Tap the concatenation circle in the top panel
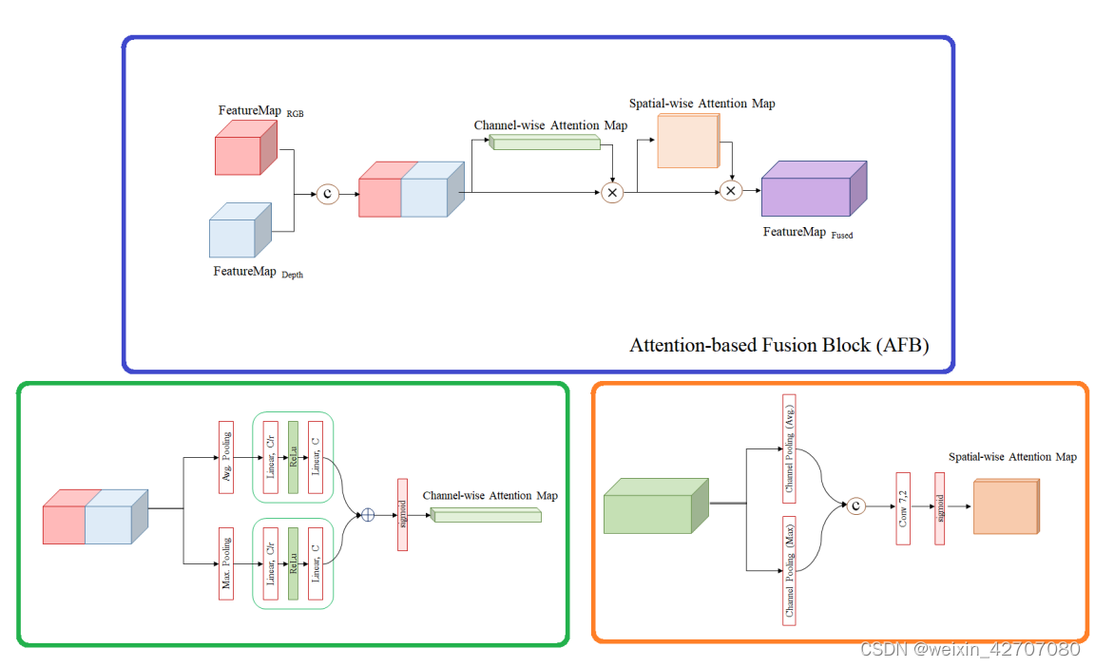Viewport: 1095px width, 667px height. coord(328,194)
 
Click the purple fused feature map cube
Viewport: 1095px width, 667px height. coord(813,190)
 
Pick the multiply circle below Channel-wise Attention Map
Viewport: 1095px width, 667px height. coord(612,193)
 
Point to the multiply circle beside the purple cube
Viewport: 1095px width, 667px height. coord(730,192)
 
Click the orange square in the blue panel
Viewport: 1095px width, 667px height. coord(687,142)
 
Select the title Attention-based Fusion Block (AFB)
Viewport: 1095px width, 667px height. coord(778,345)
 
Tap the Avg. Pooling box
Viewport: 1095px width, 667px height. coord(226,457)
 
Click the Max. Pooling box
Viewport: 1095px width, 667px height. coord(226,564)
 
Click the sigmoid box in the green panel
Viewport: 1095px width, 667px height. coord(402,514)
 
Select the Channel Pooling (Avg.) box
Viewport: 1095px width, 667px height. coord(789,449)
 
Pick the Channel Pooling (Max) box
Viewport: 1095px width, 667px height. coord(789,570)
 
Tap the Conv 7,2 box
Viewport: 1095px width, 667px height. coord(903,507)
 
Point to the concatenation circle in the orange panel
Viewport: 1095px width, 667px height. coord(856,506)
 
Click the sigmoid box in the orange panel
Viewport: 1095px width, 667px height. coord(939,507)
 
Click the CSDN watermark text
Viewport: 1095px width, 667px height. coord(970,649)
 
